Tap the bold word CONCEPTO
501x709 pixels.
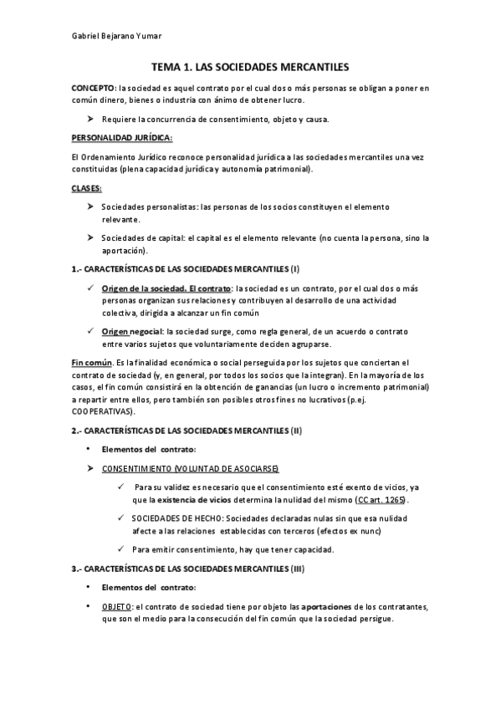click(x=94, y=87)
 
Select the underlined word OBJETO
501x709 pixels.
click(x=116, y=607)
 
